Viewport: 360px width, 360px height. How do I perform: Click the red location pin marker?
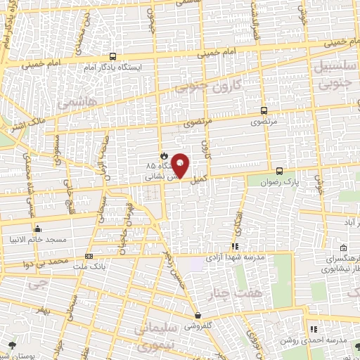click(181, 166)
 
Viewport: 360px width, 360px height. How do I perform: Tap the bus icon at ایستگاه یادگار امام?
click(112, 57)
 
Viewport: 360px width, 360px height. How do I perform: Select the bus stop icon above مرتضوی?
click(264, 110)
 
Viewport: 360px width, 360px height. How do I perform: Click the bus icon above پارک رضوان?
click(280, 170)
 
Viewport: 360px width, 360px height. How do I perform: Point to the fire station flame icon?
click(163, 155)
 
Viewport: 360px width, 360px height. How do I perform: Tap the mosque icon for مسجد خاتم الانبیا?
click(38, 229)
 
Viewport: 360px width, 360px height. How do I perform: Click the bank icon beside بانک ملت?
click(89, 256)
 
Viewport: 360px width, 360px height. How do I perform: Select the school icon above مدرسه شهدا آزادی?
click(235, 247)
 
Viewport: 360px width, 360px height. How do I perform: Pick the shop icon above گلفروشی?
click(200, 316)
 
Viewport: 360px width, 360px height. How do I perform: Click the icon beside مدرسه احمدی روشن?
click(314, 328)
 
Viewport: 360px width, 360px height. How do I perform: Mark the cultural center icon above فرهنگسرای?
click(342, 248)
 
